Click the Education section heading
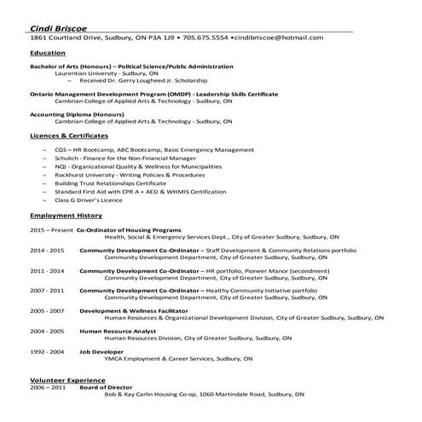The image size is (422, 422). click(x=49, y=53)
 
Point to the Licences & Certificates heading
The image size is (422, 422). click(x=69, y=136)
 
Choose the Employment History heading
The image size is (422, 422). click(x=66, y=215)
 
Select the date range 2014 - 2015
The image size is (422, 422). click(x=47, y=250)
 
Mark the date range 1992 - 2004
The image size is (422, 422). click(x=47, y=351)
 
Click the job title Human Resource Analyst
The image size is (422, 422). click(x=118, y=330)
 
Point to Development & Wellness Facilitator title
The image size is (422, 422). click(x=138, y=311)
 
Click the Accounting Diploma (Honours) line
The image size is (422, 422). click(x=84, y=113)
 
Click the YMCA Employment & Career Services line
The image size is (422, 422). click(x=179, y=359)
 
